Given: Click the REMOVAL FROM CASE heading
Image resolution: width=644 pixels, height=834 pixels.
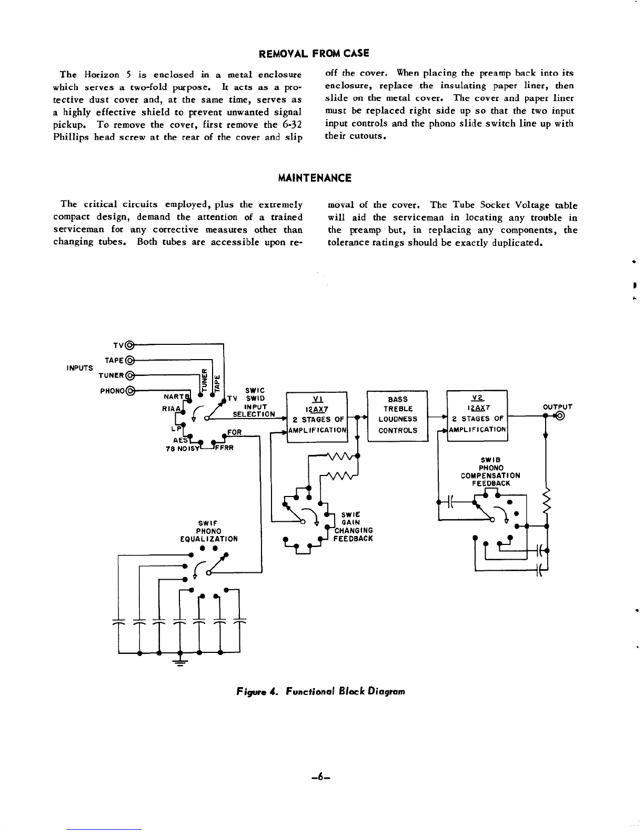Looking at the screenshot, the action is [x=314, y=53].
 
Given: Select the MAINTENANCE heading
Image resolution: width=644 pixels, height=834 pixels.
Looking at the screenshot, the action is [x=315, y=178].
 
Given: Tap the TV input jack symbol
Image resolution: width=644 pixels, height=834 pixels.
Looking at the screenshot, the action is [x=129, y=345].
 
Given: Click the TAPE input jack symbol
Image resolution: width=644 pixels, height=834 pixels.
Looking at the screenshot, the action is [x=129, y=360].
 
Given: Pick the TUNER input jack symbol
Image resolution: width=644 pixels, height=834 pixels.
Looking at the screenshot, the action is [x=129, y=375].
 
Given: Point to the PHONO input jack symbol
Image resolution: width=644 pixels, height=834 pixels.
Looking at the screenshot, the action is [x=130, y=391].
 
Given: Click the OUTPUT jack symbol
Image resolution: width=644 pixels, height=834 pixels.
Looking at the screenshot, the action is [x=560, y=416].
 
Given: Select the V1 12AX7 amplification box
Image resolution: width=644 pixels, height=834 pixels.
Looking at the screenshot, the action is [x=317, y=417].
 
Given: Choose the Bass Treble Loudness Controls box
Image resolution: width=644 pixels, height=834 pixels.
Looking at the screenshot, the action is [x=397, y=416].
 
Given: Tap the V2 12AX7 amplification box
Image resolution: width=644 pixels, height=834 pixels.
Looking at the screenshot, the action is [x=477, y=415].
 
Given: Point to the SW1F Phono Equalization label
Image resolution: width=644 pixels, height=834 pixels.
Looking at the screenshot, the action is [x=209, y=531].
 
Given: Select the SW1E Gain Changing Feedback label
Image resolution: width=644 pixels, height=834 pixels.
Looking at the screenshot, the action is [x=353, y=527].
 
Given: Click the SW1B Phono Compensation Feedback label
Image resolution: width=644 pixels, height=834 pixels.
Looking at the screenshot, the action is [x=490, y=472].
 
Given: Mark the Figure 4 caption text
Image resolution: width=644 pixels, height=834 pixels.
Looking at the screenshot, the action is [x=320, y=692].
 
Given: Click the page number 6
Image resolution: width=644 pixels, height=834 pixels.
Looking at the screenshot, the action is [x=321, y=778].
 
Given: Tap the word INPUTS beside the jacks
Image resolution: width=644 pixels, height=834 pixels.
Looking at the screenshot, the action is [x=79, y=368].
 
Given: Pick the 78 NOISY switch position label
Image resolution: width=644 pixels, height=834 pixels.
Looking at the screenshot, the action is [x=183, y=449].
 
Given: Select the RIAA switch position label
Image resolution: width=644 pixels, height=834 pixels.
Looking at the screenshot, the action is [x=171, y=409].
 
